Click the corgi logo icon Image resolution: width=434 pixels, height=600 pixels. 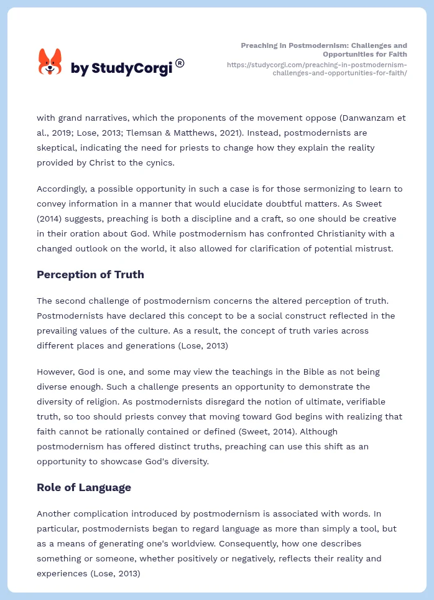click(x=50, y=62)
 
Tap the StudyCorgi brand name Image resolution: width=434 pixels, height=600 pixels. click(x=121, y=68)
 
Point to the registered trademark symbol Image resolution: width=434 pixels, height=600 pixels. click(x=180, y=63)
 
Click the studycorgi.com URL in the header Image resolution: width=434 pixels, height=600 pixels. click(x=317, y=68)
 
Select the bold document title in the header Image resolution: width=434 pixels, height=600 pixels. click(x=324, y=50)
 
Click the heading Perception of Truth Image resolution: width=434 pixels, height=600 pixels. click(x=90, y=274)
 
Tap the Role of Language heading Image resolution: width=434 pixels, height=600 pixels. click(x=84, y=487)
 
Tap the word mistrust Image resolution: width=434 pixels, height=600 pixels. click(x=386, y=249)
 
